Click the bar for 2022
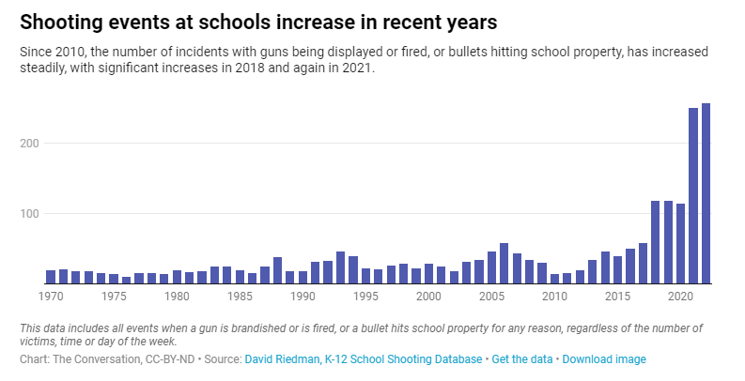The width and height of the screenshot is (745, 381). (x=706, y=193)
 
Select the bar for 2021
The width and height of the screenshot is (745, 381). (x=693, y=195)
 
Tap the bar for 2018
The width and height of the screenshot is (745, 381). (x=655, y=242)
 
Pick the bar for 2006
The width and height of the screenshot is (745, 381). (x=504, y=264)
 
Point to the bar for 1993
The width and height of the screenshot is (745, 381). (x=341, y=267)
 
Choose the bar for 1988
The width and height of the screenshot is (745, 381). (x=277, y=270)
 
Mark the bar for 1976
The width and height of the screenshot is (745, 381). (x=127, y=280)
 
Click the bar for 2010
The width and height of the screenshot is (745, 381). (x=554, y=279)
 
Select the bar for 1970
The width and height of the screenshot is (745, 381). (x=51, y=277)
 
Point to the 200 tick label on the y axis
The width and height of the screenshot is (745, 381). (x=29, y=144)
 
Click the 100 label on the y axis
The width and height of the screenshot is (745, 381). (x=29, y=214)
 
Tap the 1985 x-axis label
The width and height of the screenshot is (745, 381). (x=240, y=297)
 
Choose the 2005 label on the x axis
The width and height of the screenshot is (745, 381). (x=491, y=297)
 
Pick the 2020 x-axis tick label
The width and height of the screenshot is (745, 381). (x=680, y=297)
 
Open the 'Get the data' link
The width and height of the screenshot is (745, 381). (x=522, y=359)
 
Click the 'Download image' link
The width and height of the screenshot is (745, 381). (x=604, y=359)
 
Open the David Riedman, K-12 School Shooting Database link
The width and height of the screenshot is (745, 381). (x=364, y=359)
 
